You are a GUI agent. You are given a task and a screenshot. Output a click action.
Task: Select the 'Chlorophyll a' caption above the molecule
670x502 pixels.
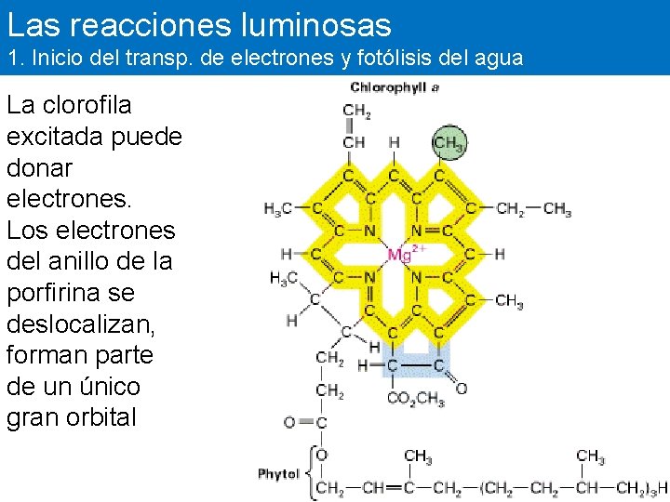tap(395, 87)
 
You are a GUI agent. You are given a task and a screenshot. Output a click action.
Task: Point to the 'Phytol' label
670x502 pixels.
tap(278, 474)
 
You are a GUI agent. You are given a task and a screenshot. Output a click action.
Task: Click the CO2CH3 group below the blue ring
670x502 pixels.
tap(416, 401)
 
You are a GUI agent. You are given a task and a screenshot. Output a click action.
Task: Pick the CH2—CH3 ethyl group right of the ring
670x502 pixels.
tap(533, 209)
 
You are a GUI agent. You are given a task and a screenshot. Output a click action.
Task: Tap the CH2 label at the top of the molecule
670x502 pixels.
tap(356, 112)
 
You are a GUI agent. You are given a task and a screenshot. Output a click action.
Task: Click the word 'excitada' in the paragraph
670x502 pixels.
tap(55, 136)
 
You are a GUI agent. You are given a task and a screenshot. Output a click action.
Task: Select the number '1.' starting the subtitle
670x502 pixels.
tap(14, 59)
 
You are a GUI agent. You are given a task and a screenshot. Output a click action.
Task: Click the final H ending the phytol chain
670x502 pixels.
tap(663, 488)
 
